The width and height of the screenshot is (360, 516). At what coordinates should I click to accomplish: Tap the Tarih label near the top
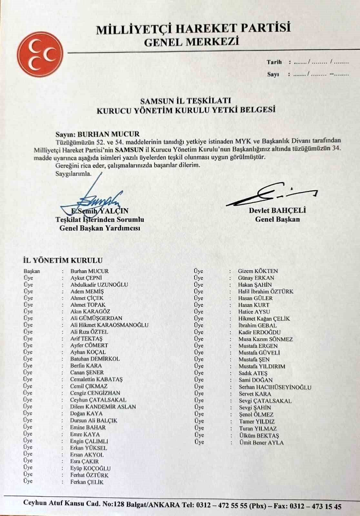[274, 62]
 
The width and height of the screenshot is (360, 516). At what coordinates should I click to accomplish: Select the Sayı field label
[273, 74]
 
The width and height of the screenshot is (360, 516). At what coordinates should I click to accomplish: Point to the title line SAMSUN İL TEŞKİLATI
[186, 101]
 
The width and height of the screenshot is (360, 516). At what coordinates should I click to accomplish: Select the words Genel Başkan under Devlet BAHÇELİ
[277, 219]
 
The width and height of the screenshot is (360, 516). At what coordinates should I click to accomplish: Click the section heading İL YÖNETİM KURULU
[63, 260]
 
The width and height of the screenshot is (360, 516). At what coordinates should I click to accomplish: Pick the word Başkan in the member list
[32, 271]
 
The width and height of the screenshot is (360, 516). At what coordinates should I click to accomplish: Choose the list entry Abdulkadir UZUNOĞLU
[99, 284]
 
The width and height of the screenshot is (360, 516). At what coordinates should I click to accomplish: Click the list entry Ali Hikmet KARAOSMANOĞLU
[109, 325]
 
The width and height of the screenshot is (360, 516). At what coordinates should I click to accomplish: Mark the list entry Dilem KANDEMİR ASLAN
[103, 407]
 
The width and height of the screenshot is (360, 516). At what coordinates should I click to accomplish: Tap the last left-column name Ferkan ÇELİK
[87, 482]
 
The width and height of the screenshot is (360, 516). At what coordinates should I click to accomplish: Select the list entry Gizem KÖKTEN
[258, 271]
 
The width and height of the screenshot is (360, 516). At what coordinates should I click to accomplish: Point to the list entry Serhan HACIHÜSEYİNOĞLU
[275, 387]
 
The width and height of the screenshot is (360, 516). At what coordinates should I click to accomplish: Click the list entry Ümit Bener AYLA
[261, 442]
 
